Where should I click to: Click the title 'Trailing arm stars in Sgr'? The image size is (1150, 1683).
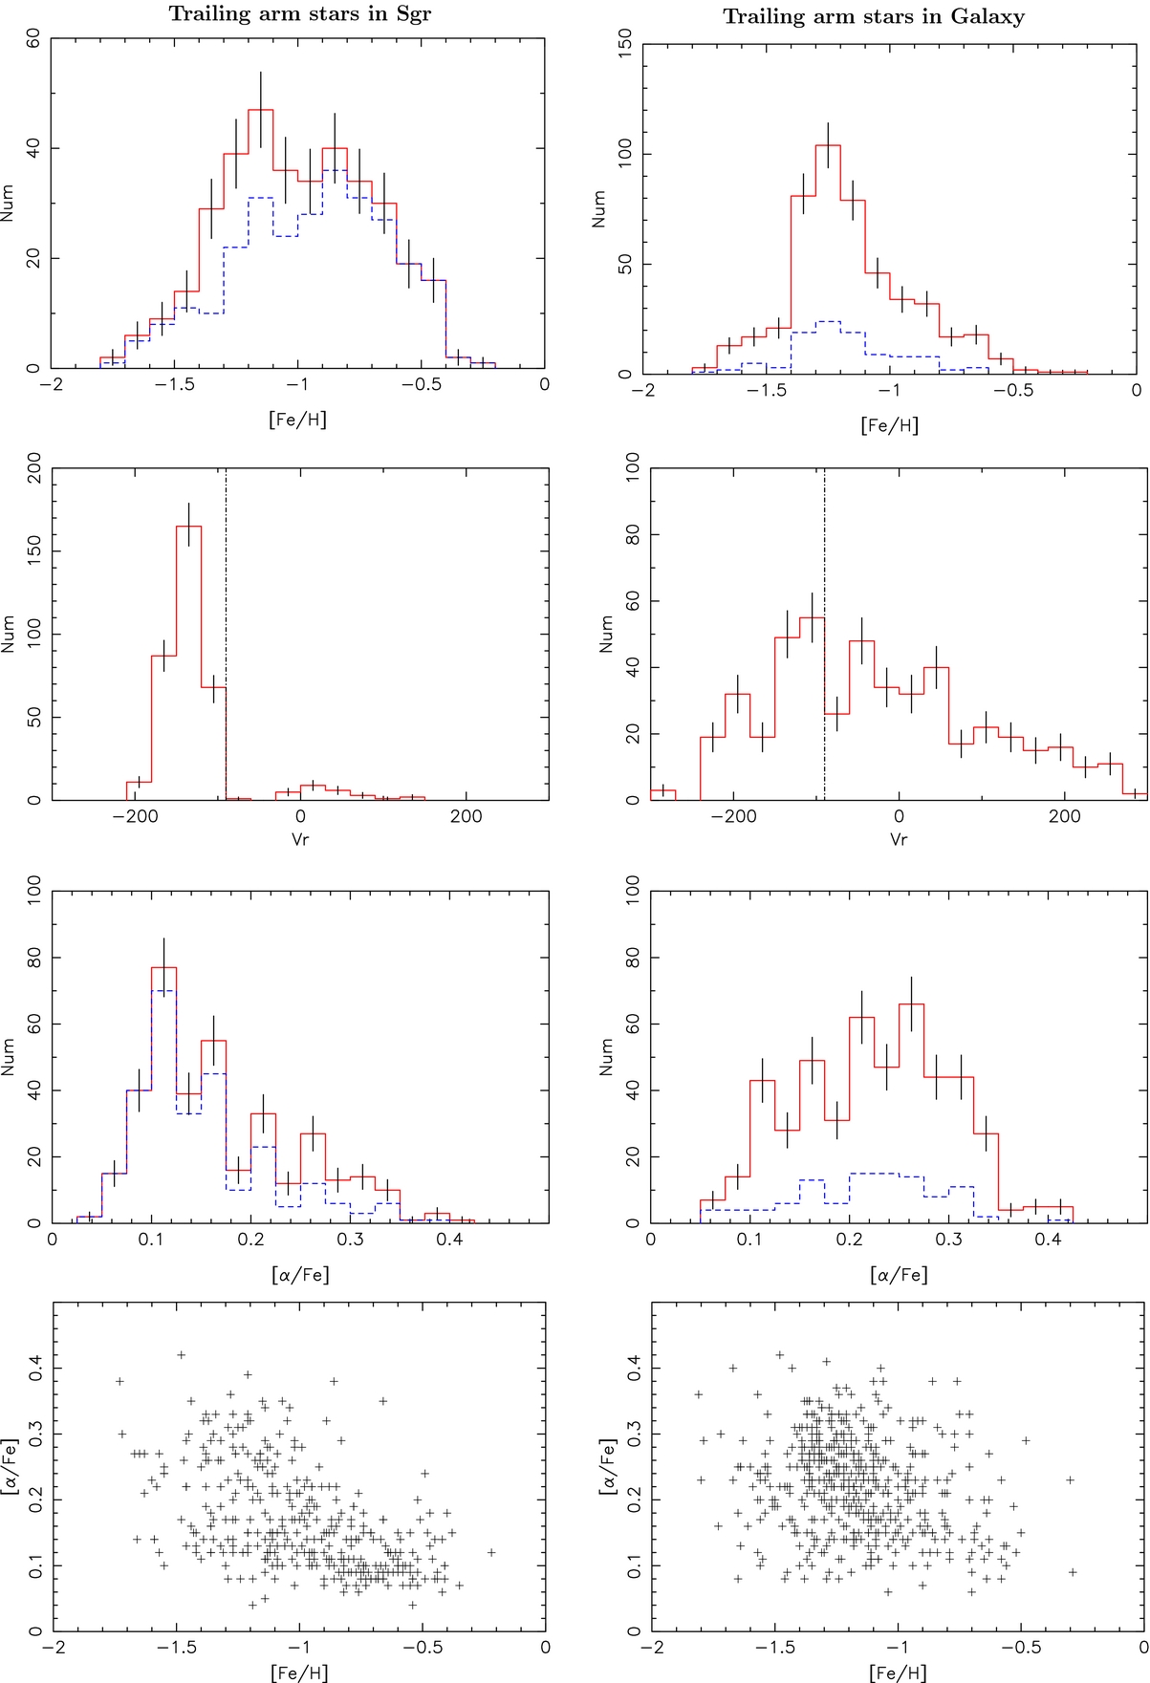(x=299, y=13)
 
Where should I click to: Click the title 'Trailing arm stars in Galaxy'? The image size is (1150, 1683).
(x=873, y=16)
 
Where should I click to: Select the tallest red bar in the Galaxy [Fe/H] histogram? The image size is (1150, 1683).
(x=828, y=258)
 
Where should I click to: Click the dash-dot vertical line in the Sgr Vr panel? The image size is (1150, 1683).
(x=226, y=631)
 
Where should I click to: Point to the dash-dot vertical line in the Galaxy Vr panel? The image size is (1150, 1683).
(x=824, y=631)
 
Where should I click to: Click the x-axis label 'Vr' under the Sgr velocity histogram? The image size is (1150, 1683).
(x=300, y=839)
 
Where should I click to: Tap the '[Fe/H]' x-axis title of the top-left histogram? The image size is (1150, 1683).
(x=298, y=418)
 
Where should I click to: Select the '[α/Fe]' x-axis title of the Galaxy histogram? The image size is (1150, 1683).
(x=898, y=1274)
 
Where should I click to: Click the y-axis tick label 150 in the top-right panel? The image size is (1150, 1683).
(x=626, y=44)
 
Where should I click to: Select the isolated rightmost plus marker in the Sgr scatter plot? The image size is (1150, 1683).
(x=491, y=1552)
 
